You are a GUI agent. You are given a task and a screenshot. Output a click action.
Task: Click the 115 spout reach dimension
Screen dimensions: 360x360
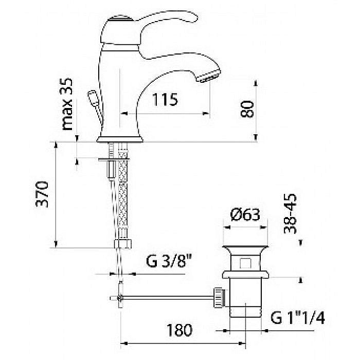(165, 100)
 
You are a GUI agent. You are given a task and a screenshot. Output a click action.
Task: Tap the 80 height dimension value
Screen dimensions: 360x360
(247, 109)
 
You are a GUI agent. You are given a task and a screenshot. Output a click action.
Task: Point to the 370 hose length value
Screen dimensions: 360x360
(42, 194)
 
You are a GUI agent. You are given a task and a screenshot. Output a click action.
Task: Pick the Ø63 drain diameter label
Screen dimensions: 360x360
(245, 215)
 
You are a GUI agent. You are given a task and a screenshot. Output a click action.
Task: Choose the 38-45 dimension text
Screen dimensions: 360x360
(290, 214)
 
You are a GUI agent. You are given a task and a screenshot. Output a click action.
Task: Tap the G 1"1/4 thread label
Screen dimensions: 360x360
(298, 318)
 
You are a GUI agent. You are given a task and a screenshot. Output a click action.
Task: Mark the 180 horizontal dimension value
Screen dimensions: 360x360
(179, 330)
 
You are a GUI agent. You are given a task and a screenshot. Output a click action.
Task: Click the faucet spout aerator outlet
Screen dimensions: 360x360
(209, 77)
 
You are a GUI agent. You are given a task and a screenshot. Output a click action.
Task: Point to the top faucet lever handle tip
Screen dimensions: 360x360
(194, 17)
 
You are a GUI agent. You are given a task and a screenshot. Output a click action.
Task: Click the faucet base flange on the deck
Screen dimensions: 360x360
(120, 139)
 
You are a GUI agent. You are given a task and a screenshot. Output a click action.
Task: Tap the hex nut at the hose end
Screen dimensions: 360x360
(123, 244)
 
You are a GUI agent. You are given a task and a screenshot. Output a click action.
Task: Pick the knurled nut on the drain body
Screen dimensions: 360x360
(220, 297)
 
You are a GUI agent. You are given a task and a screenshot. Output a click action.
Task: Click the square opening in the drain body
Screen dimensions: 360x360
(245, 263)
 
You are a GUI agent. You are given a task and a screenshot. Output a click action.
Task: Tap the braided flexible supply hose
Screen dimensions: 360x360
(123, 195)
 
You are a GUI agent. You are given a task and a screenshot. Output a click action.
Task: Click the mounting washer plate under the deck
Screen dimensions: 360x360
(114, 159)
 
